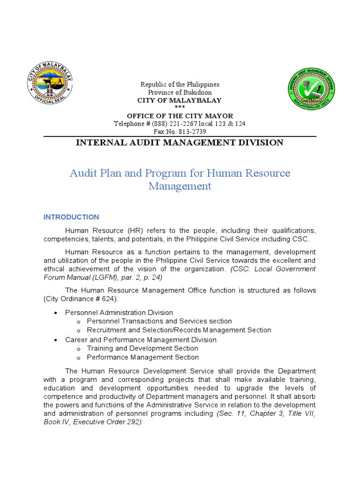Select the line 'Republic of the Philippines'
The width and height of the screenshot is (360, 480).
click(180, 84)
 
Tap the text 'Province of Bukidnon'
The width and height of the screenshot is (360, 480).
click(180, 92)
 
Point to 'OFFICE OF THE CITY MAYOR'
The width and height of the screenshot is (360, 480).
click(180, 116)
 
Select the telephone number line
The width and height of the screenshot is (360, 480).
click(180, 124)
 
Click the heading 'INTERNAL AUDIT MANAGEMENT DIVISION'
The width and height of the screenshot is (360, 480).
click(180, 142)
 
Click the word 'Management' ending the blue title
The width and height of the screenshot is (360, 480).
click(180, 186)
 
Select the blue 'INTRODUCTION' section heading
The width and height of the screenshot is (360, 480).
click(71, 217)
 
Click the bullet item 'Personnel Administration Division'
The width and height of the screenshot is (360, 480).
click(119, 313)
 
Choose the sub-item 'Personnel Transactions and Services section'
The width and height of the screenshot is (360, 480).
click(159, 322)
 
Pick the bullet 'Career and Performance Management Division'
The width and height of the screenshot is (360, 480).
click(141, 340)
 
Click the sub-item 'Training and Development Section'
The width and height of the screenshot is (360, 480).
click(142, 349)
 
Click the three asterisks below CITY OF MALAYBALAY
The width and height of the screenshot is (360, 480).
click(180, 108)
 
